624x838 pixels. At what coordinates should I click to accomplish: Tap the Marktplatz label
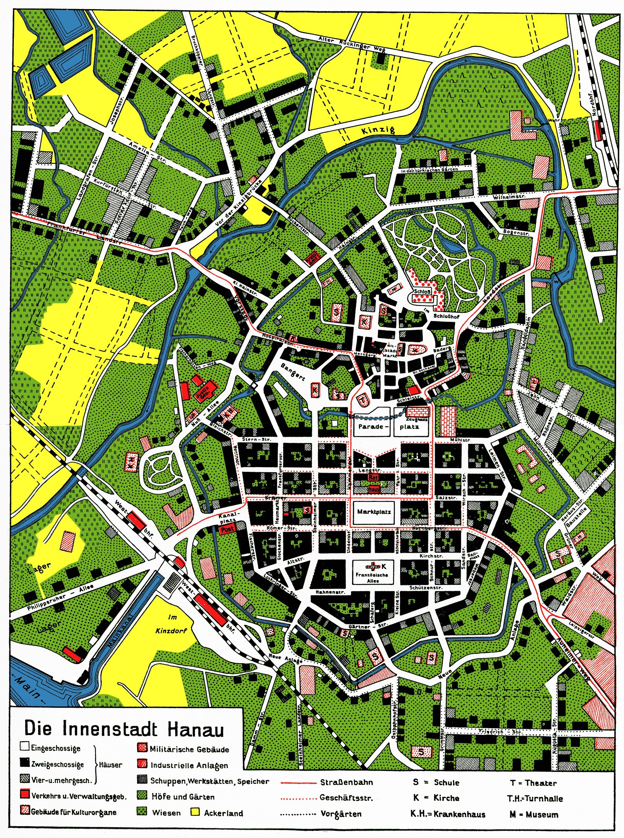click(x=374, y=512)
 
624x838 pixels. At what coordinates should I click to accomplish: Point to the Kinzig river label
click(x=378, y=130)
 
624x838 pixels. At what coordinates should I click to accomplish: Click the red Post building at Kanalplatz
click(x=227, y=529)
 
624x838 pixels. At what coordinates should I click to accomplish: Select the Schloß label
click(x=422, y=291)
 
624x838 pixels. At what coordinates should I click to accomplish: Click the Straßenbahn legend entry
click(x=346, y=782)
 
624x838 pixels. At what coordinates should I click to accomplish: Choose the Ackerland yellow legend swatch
click(x=195, y=812)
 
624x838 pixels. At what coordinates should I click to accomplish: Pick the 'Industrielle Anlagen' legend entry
click(x=189, y=766)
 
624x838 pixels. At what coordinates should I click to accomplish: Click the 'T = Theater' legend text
click(x=533, y=783)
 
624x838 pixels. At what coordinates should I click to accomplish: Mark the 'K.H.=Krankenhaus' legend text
click(x=448, y=814)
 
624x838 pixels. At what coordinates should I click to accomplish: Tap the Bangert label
click(x=293, y=372)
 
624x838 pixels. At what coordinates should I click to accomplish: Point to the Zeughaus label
click(x=417, y=419)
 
